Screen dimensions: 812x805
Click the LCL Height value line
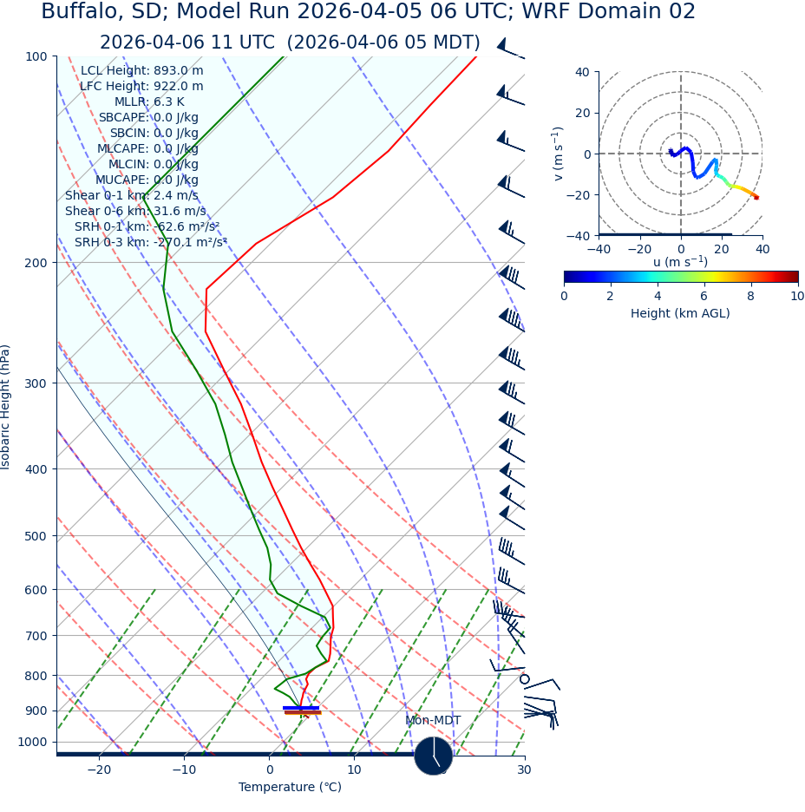click(142, 70)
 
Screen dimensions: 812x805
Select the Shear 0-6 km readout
click(135, 211)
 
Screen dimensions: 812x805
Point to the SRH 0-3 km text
click(150, 242)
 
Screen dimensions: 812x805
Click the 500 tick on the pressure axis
click(36, 536)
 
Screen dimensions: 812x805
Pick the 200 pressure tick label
click(36, 262)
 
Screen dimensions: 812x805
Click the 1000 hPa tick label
click(33, 742)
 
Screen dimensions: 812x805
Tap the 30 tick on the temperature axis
click(524, 769)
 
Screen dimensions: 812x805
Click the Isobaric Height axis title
click(6, 407)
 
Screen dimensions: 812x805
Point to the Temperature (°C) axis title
click(290, 787)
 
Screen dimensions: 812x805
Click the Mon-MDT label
click(433, 721)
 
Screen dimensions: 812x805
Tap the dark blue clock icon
click(433, 756)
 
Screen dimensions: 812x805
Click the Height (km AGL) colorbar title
click(680, 313)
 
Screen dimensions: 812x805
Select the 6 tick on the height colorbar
click(704, 296)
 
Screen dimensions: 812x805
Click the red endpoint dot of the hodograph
click(756, 198)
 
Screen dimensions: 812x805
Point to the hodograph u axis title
click(680, 262)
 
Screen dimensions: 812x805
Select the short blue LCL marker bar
click(301, 708)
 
